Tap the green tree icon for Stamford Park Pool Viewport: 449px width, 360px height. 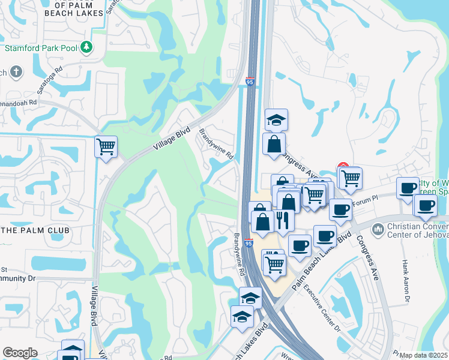click(87, 46)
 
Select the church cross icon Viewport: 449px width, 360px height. click(16, 73)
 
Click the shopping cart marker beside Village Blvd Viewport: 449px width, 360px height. click(106, 146)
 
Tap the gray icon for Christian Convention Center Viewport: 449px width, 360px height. click(378, 229)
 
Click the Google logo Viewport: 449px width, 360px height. click(20, 353)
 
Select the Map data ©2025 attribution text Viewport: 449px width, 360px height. click(424, 355)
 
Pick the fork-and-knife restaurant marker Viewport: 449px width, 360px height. click(283, 220)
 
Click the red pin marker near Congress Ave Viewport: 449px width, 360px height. click(343, 167)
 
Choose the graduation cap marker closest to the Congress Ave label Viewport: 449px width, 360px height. click(276, 119)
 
